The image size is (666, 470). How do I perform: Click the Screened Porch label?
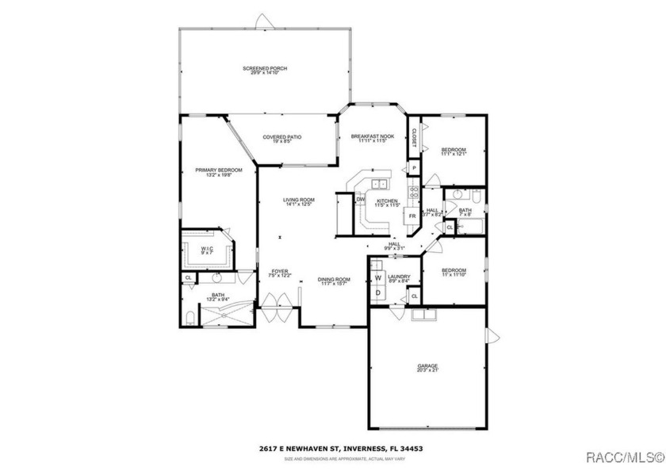(264, 68)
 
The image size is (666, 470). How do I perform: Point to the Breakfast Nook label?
(372, 136)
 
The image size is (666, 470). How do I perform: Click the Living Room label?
(300, 200)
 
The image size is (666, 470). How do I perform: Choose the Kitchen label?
(387, 201)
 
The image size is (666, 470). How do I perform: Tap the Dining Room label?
(334, 279)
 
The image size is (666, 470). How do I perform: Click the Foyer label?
(280, 272)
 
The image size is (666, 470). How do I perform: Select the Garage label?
(427, 365)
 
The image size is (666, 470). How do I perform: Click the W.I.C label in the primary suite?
(207, 248)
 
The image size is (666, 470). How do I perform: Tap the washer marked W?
(378, 277)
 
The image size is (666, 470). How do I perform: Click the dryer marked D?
(378, 292)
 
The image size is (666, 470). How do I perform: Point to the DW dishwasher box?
(360, 199)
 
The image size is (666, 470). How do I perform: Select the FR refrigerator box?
(412, 216)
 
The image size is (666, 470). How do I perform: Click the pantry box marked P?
(413, 169)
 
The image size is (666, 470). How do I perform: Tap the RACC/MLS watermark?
(623, 457)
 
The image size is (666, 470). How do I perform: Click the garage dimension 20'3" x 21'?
(427, 370)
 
